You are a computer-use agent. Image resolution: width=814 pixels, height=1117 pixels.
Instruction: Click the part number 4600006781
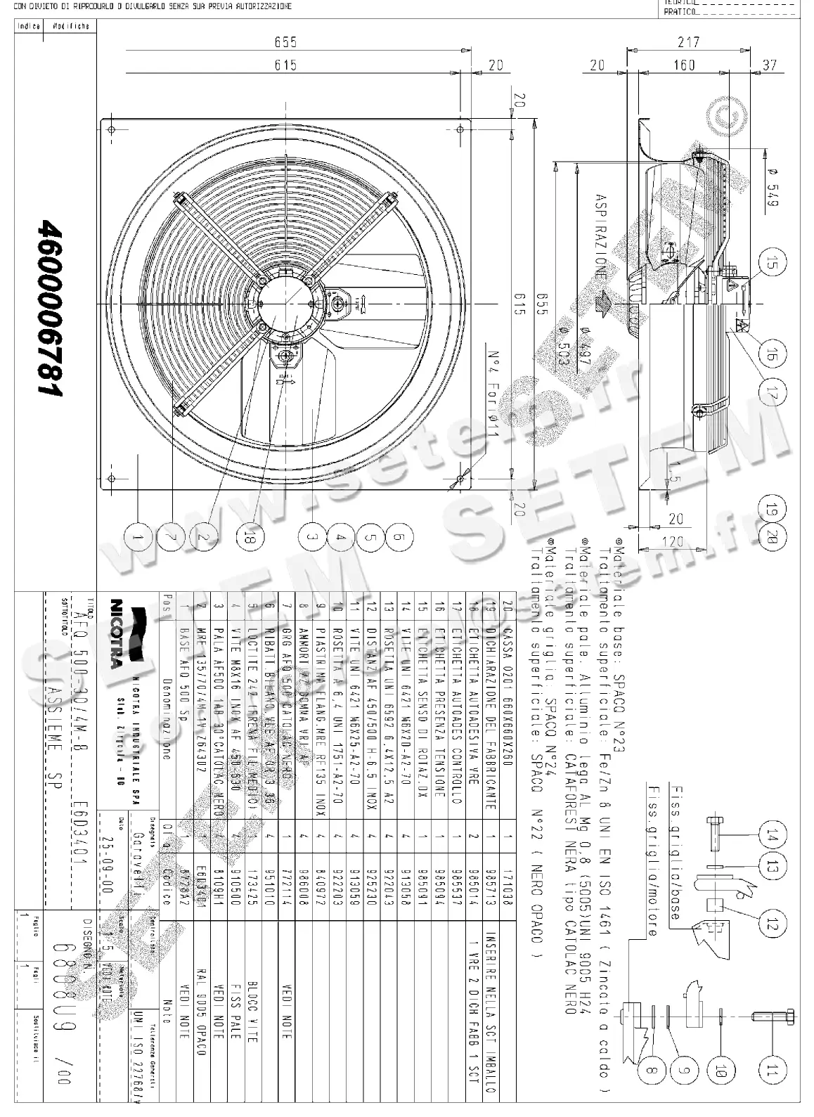[x=52, y=306]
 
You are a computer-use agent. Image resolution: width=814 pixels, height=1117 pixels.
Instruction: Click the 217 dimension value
[x=688, y=43]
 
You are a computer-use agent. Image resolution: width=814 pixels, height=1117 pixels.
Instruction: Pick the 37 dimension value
[x=770, y=65]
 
